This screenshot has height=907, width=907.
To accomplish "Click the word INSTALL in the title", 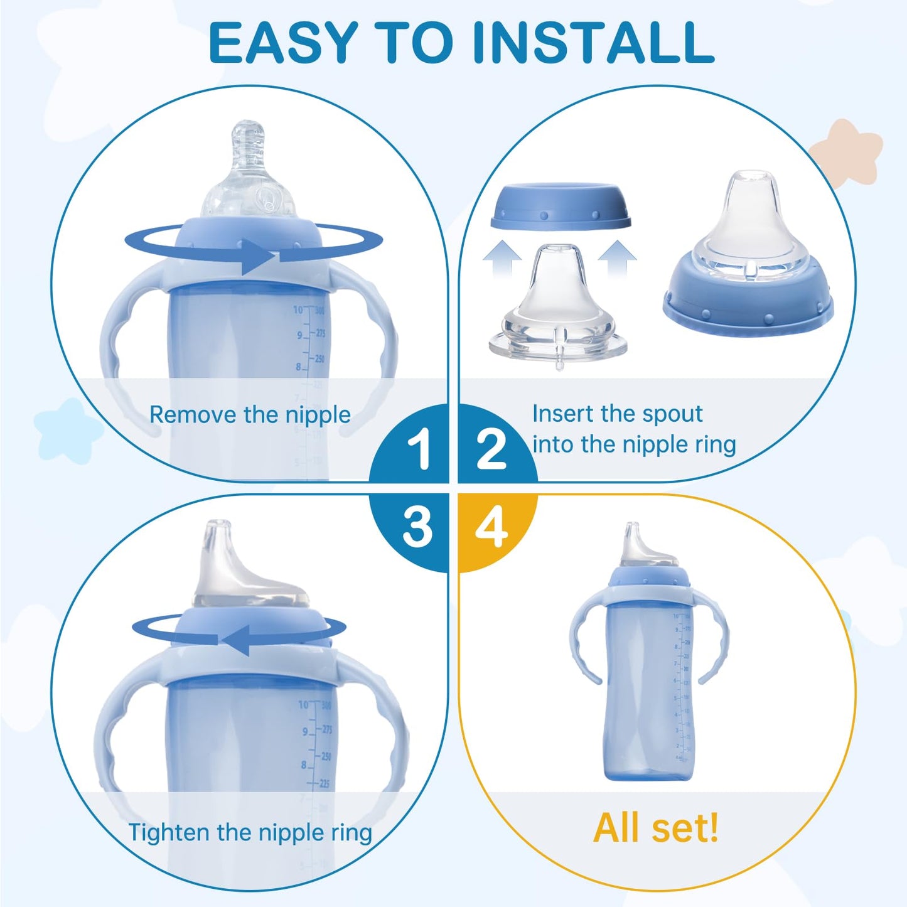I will pos(593,43).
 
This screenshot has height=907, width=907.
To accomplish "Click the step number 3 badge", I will pos(417,527).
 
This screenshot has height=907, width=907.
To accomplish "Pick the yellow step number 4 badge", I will pos(491,527).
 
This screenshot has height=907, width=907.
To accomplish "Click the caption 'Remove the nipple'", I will pos(250,416).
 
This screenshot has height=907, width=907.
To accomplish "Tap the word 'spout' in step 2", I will pos(673,414).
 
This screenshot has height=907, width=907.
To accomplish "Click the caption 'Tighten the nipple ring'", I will pos(250,833).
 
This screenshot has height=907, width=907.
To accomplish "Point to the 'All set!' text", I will pos(656,828).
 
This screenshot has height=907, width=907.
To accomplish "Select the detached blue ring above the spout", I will pos(561,206).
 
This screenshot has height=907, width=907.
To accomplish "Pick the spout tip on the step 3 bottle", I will pos(218,534).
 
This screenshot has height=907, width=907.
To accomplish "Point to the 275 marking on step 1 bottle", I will pos(321,333).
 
